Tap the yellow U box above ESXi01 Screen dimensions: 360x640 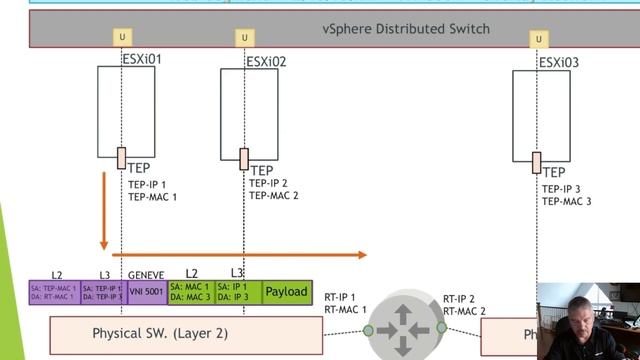coord(121,38)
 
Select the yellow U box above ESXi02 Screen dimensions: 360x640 coord(244,38)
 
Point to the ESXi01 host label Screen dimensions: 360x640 coord(141,59)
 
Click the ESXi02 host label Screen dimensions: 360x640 coord(266,62)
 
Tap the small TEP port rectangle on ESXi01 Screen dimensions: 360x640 coord(121,158)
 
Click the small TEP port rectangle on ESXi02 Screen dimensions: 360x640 coord(244,159)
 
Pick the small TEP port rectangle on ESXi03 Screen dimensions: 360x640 coord(537,162)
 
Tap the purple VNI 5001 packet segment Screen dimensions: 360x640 coord(146,291)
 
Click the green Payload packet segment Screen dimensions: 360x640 coord(287,291)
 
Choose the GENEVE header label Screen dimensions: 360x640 coord(146,273)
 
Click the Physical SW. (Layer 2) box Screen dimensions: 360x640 coord(186,333)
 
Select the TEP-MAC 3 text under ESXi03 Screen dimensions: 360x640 coord(567,201)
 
